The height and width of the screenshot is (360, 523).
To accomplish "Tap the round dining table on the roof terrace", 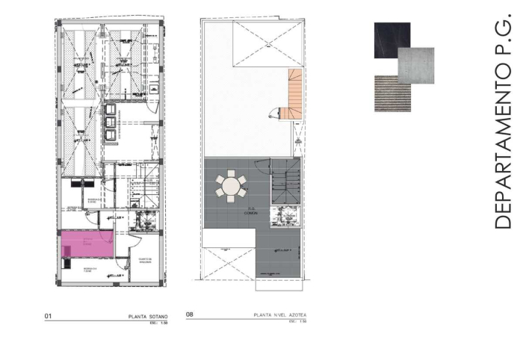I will coord(232,184).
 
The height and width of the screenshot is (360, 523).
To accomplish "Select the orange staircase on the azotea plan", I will coord(296,93).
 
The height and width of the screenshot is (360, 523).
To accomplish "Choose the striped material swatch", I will coord(392,93).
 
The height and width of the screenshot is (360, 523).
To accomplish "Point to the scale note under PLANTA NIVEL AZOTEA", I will coord(299,322).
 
